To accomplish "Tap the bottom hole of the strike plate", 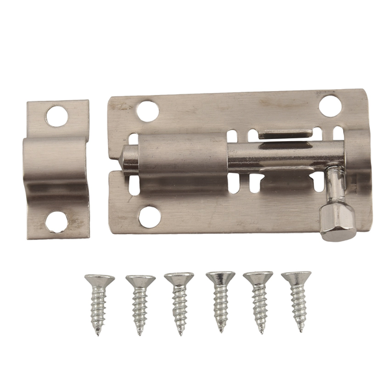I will pyautogui.click(x=57, y=222).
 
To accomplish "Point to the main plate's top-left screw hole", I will pyautogui.click(x=148, y=110).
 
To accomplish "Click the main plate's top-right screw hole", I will pyautogui.click(x=330, y=106).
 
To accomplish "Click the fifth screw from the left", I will pyautogui.click(x=258, y=300).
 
